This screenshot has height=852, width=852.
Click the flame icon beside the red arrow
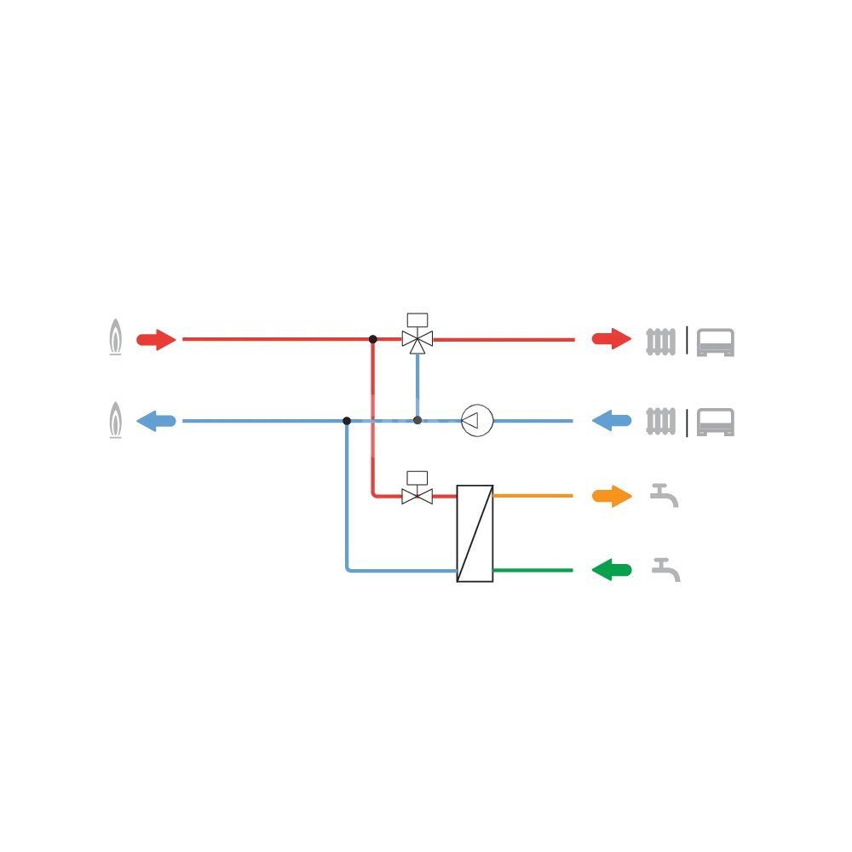pos(115,337)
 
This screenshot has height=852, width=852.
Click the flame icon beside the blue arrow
pos(115,421)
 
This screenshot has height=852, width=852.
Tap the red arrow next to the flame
pos(156,340)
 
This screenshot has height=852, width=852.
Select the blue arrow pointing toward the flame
pos(156,421)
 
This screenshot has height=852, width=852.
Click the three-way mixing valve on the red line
pos(417,338)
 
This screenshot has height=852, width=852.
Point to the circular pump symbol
pos(477,421)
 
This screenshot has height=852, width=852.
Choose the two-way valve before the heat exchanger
pos(417,494)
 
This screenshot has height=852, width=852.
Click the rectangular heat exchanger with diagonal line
pos(475,533)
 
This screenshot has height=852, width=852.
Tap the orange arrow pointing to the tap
pos(612,497)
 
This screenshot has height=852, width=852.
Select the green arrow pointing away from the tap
pos(612,570)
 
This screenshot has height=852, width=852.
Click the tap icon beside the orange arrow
pos(664,495)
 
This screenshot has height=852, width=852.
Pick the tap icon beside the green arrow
pos(665,569)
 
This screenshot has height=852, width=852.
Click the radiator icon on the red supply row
pos(661,341)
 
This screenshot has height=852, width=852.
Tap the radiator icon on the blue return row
pos(661,422)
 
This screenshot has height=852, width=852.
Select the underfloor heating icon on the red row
pos(715,342)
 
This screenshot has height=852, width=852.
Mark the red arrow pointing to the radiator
pos(612,339)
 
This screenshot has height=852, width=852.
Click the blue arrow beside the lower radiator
pos(612,421)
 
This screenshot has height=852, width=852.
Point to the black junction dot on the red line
pos(373,339)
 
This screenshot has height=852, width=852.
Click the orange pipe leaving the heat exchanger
pos(532,496)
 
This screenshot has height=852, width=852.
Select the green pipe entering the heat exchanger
pos(532,570)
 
